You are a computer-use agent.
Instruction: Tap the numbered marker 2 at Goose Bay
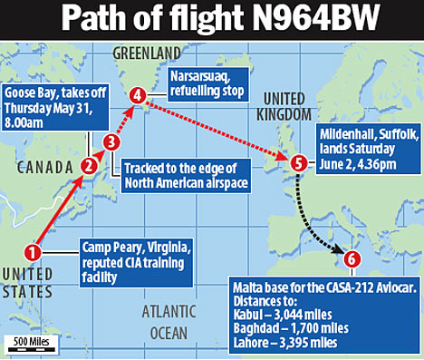click(89, 165)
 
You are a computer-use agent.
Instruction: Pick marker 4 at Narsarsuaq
click(138, 94)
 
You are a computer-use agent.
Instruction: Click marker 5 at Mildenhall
click(300, 163)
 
